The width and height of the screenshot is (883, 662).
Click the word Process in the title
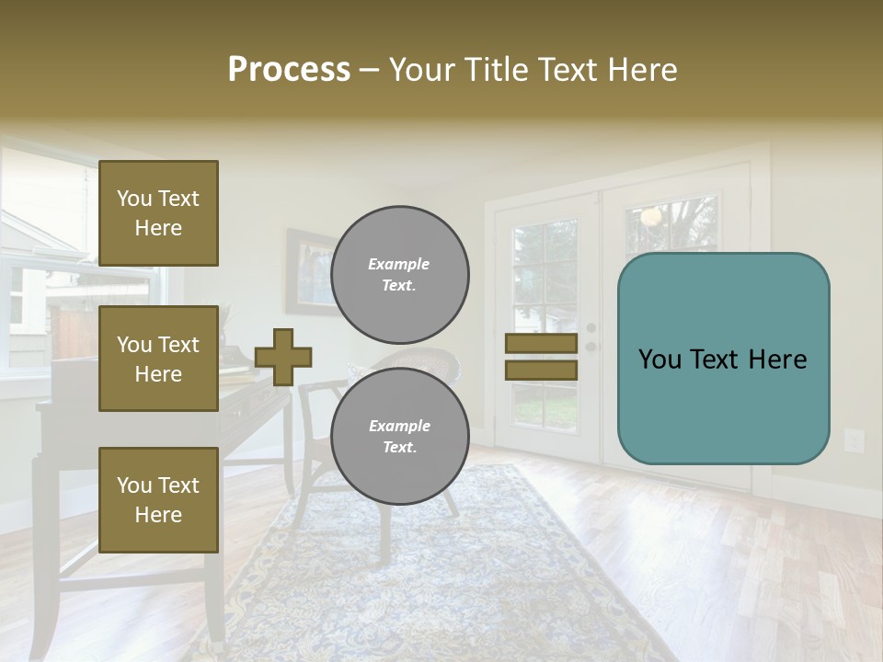(289, 70)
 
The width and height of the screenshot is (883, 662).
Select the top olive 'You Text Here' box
(158, 213)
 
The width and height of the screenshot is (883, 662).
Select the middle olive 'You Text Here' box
(158, 359)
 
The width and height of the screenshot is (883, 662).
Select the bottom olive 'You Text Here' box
(158, 499)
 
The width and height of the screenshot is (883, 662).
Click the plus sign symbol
(283, 357)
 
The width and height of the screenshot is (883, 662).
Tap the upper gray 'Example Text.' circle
(399, 275)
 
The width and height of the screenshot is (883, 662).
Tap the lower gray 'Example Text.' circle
(399, 437)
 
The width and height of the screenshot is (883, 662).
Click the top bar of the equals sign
(541, 344)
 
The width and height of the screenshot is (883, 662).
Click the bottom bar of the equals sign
(541, 371)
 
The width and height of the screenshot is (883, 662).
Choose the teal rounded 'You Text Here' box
(723, 359)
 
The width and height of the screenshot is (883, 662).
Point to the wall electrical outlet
(854, 441)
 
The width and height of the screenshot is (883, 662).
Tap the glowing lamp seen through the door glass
(651, 217)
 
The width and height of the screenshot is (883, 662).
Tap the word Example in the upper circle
(398, 264)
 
